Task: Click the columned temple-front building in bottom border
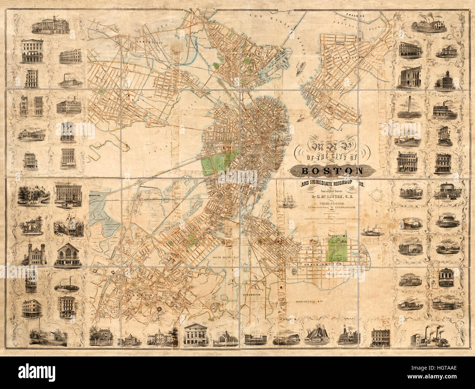pyautogui.click(x=195, y=335)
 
